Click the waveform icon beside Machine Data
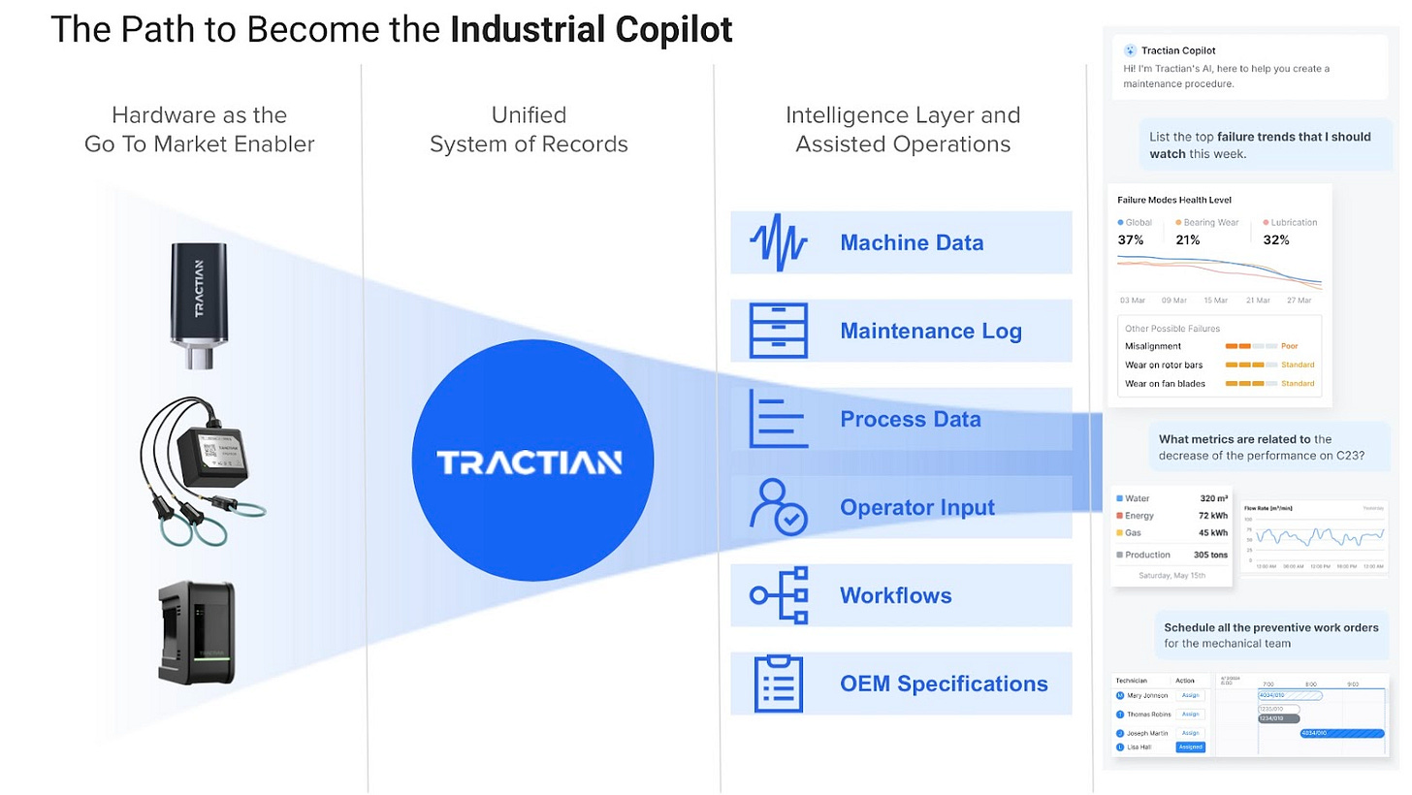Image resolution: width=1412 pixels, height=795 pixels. [778, 242]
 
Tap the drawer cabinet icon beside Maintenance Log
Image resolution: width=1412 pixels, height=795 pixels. [778, 331]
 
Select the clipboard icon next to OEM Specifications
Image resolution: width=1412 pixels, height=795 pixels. [778, 684]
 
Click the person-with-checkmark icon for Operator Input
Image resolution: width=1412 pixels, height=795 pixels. [778, 507]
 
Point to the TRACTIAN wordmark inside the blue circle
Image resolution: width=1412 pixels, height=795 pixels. [529, 462]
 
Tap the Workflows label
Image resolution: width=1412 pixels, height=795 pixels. [895, 595]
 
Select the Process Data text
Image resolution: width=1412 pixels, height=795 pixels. [910, 419]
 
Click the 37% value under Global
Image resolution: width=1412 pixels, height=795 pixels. [1131, 239]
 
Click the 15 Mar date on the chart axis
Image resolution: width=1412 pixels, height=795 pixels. [1215, 301]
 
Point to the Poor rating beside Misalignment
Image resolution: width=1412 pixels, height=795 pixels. [1289, 346]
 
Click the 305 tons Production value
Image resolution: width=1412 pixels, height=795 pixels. [1210, 555]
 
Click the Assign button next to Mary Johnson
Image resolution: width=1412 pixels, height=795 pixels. [1190, 695]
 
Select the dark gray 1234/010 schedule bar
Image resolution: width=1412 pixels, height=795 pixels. [1278, 718]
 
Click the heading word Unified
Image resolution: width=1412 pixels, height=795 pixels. [529, 115]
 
